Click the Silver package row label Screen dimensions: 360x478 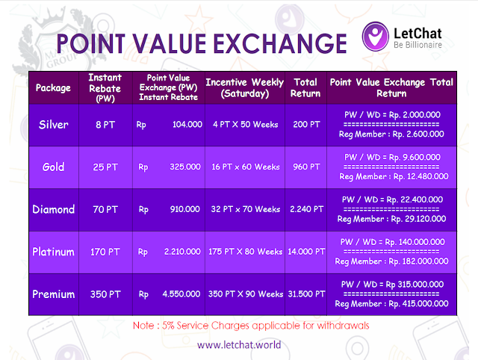tap(53, 125)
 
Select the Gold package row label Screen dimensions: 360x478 tap(53, 167)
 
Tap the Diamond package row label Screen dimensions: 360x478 tap(53, 210)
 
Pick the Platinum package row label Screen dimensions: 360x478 tap(53, 252)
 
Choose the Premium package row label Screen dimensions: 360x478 tap(53, 295)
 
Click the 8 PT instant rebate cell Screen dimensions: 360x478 tap(105, 125)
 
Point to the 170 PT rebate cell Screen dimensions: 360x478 tap(105, 252)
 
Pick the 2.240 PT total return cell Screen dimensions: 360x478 tap(305, 210)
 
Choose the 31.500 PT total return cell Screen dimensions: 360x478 tap(305, 295)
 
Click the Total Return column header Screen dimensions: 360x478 tap(305, 87)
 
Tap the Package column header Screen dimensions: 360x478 tap(53, 88)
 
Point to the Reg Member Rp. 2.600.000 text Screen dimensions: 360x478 tap(391, 134)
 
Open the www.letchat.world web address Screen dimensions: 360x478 tap(238, 345)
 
